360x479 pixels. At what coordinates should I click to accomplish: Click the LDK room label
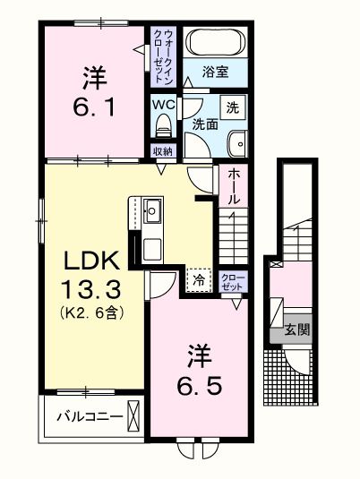click(90, 261)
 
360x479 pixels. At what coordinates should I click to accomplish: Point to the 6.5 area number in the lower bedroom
click(199, 387)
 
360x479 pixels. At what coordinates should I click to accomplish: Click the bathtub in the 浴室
click(213, 44)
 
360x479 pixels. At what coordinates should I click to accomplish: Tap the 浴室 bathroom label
click(213, 71)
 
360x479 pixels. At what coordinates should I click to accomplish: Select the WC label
click(162, 104)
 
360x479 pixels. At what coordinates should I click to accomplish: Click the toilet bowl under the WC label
click(162, 125)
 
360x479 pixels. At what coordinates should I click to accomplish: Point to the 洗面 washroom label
click(205, 125)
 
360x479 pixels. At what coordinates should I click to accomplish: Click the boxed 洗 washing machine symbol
click(232, 107)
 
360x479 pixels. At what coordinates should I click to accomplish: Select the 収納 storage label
click(162, 152)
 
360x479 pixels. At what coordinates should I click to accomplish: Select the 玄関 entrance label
click(297, 329)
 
